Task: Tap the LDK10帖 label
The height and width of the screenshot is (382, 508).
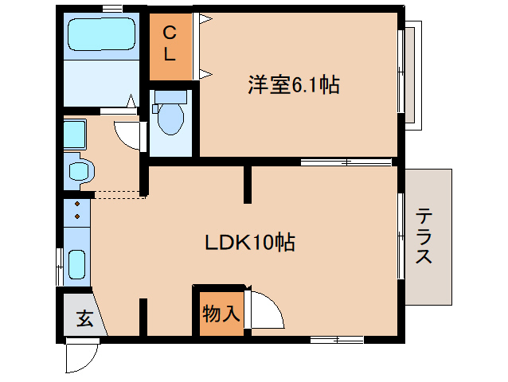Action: tap(250, 242)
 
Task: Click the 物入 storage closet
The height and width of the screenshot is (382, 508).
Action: tap(221, 313)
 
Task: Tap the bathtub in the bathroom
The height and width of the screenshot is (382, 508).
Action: tap(101, 34)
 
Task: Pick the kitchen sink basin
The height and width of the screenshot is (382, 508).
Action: tap(77, 262)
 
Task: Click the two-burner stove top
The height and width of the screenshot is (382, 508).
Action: tap(77, 211)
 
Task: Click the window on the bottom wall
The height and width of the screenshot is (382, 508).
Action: tap(336, 340)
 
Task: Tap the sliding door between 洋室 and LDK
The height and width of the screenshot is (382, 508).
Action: tap(346, 162)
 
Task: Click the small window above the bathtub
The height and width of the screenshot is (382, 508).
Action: tap(111, 8)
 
